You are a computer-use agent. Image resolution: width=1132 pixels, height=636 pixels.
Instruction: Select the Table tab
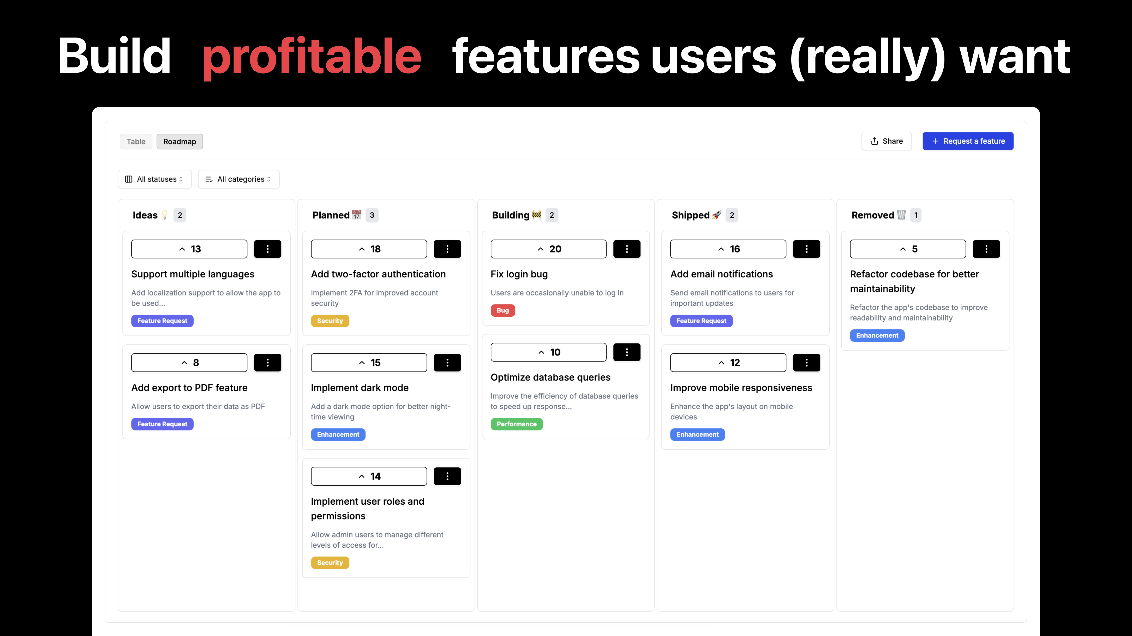point(136,141)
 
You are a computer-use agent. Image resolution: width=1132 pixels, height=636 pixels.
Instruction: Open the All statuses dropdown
point(154,179)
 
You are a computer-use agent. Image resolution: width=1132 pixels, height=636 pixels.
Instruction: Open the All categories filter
point(239,179)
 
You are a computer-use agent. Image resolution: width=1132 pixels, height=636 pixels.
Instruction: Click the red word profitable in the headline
point(312,56)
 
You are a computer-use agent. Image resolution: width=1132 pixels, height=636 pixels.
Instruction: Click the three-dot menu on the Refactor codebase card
point(986,249)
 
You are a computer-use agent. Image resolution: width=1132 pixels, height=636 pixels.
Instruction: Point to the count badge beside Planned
point(372,215)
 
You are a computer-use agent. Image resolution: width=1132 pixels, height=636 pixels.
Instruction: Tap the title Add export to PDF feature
point(189,388)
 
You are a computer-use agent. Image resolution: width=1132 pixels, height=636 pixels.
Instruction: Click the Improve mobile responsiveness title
point(741,388)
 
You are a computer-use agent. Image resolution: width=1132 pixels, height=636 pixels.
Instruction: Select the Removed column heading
point(872,215)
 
